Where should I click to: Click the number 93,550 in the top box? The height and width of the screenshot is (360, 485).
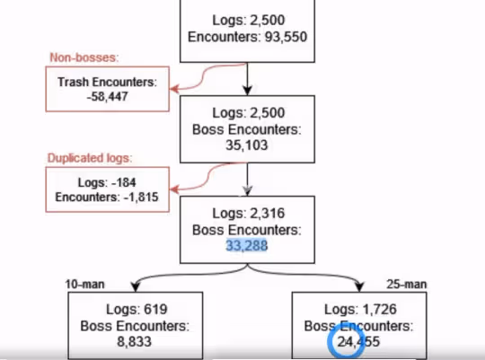pyautogui.click(x=287, y=37)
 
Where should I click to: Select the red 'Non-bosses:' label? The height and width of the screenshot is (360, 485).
pyautogui.click(x=84, y=57)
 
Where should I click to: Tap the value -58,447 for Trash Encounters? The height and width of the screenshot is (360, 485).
pyautogui.click(x=107, y=96)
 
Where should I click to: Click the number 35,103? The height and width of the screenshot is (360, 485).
pyautogui.click(x=247, y=145)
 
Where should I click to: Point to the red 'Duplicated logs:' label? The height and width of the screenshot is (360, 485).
pyautogui.click(x=90, y=158)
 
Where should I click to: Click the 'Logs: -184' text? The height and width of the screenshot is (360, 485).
pyautogui.click(x=107, y=182)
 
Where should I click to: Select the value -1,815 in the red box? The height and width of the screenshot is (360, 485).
pyautogui.click(x=141, y=197)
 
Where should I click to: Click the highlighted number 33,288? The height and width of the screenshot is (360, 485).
pyautogui.click(x=247, y=246)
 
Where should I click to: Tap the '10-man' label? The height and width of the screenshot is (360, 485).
pyautogui.click(x=84, y=285)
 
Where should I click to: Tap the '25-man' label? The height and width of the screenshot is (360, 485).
pyautogui.click(x=407, y=285)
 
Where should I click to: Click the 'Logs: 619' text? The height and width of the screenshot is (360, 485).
pyautogui.click(x=137, y=310)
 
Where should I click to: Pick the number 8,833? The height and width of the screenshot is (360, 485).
pyautogui.click(x=134, y=342)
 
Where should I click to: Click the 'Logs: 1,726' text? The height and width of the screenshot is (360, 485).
pyautogui.click(x=360, y=310)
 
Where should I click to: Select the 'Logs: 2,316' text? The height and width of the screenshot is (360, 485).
pyautogui.click(x=249, y=214)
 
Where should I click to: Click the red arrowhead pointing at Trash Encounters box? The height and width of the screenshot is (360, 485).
pyautogui.click(x=174, y=89)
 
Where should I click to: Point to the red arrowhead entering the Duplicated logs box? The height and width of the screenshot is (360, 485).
pyautogui.click(x=174, y=189)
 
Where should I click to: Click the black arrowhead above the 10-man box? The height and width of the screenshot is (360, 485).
pyautogui.click(x=136, y=287)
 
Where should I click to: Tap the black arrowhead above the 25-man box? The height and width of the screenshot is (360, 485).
pyautogui.click(x=359, y=287)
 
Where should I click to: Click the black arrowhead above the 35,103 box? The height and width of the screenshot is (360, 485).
pyautogui.click(x=247, y=91)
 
